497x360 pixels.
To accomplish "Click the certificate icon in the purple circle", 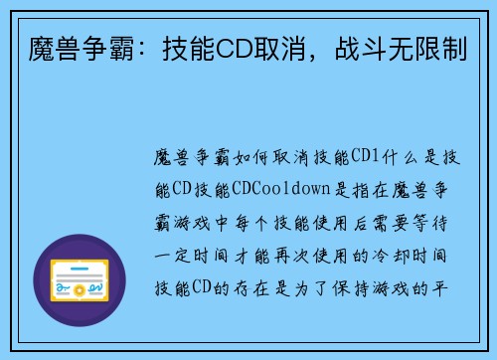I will (79, 280).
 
